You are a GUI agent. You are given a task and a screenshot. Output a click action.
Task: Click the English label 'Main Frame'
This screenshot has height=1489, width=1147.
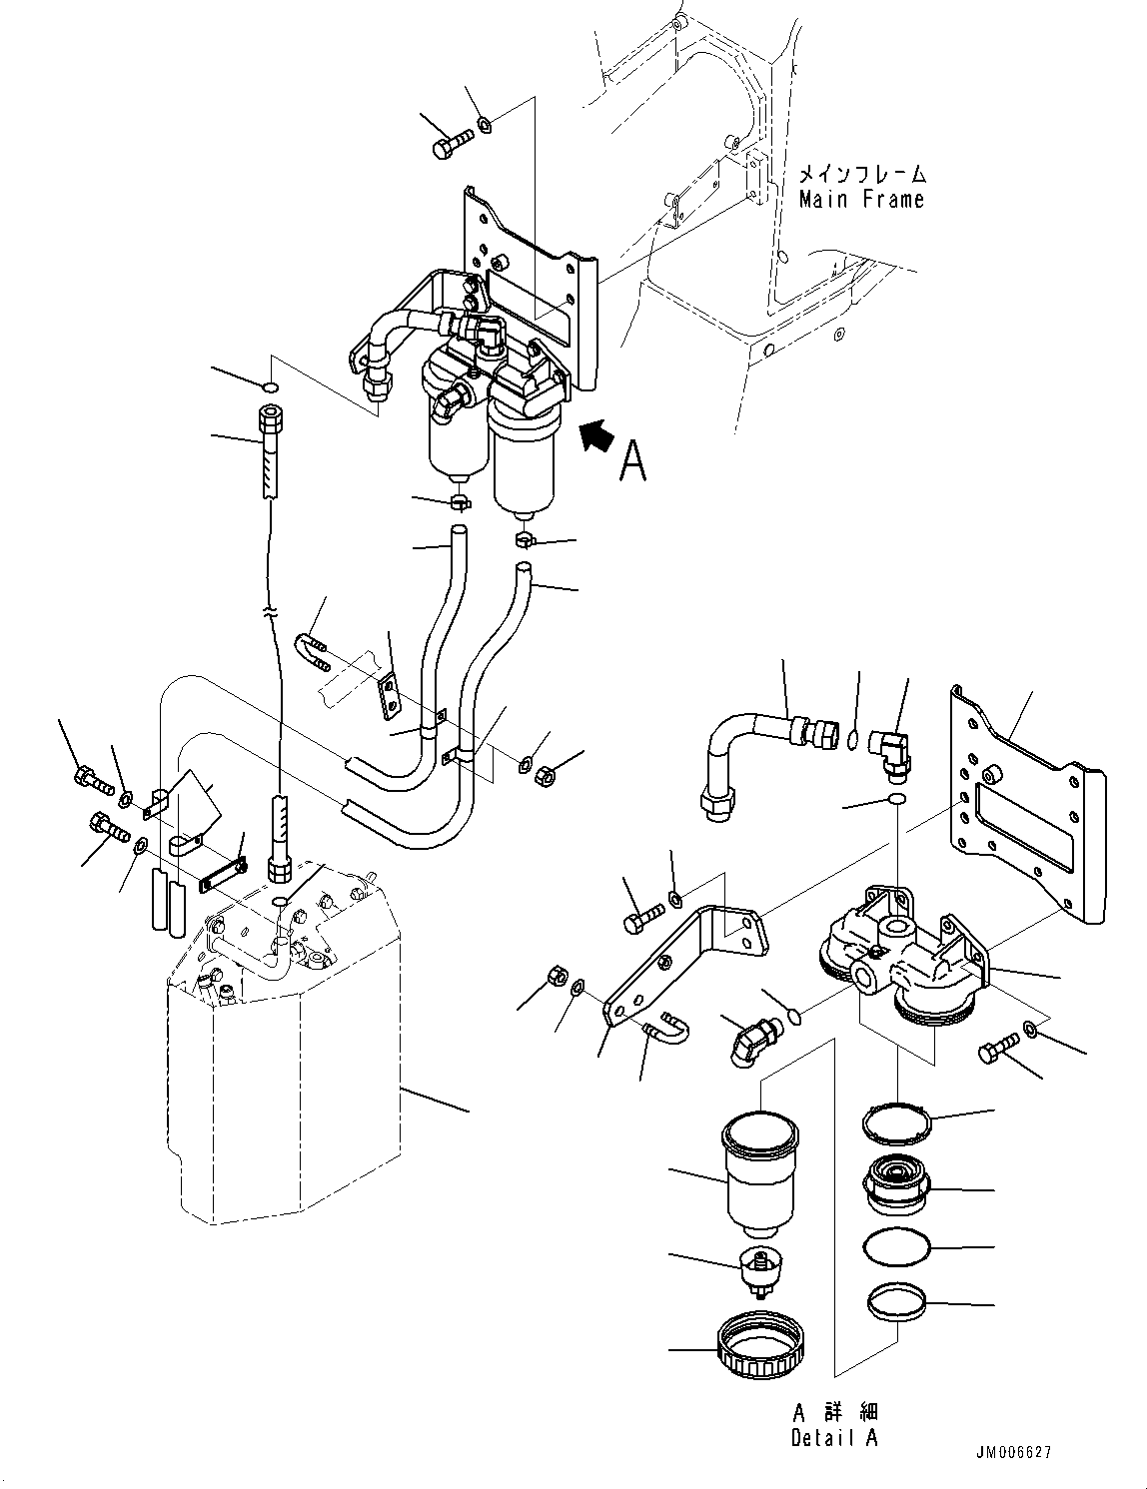tap(861, 200)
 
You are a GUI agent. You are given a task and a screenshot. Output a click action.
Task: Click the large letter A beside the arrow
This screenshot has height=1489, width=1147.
tap(632, 460)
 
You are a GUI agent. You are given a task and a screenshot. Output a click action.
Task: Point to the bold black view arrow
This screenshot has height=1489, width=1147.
tap(596, 435)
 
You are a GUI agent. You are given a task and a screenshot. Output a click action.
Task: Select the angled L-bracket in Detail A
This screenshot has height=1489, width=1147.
tap(689, 959)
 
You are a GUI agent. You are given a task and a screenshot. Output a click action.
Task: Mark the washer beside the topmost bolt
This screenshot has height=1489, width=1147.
tap(485, 125)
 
